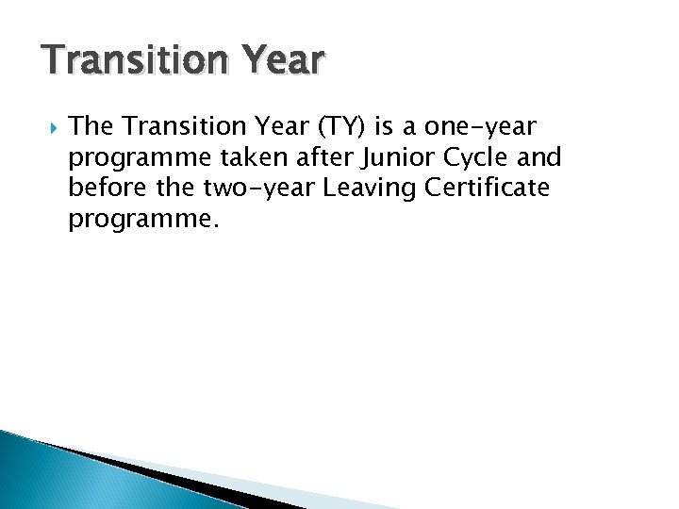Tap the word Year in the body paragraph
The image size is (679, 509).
click(x=267, y=125)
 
